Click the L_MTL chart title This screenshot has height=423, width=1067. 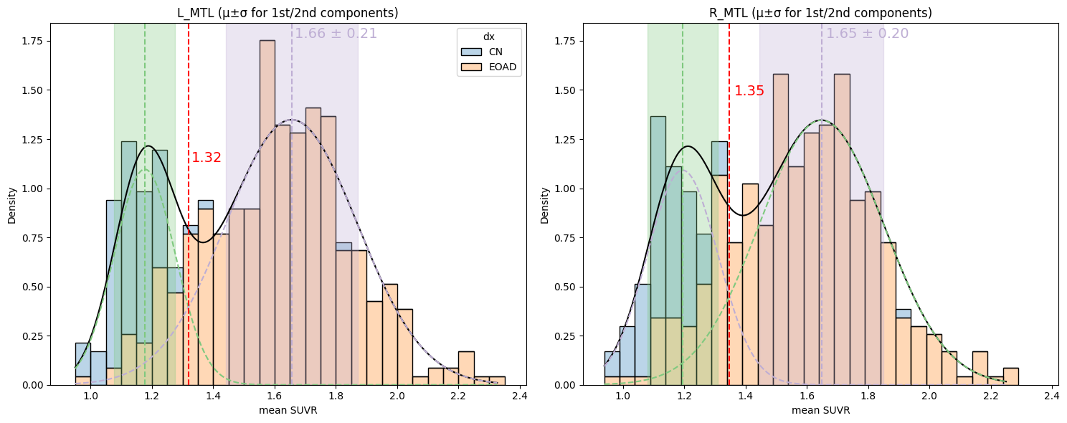tap(288, 13)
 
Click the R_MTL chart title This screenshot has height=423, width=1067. tap(820, 13)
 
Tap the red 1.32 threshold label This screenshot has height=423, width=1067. tap(207, 158)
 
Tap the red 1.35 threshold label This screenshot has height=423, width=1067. tap(749, 91)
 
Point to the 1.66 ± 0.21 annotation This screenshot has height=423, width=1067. tap(336, 34)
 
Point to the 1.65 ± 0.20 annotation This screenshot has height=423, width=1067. tap(867, 34)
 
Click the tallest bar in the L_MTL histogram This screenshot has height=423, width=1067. tap(267, 215)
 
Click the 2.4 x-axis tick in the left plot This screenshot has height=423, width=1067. tap(519, 395)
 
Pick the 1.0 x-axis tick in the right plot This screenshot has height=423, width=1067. tap(622, 395)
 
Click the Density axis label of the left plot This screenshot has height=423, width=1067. tap(12, 205)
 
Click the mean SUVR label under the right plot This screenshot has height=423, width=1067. tap(820, 411)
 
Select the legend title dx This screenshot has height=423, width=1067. tap(488, 36)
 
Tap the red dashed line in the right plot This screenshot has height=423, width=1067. tap(729, 215)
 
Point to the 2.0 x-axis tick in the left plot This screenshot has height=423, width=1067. tap(397, 395)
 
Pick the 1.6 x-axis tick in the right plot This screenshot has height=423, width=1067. tap(807, 395)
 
